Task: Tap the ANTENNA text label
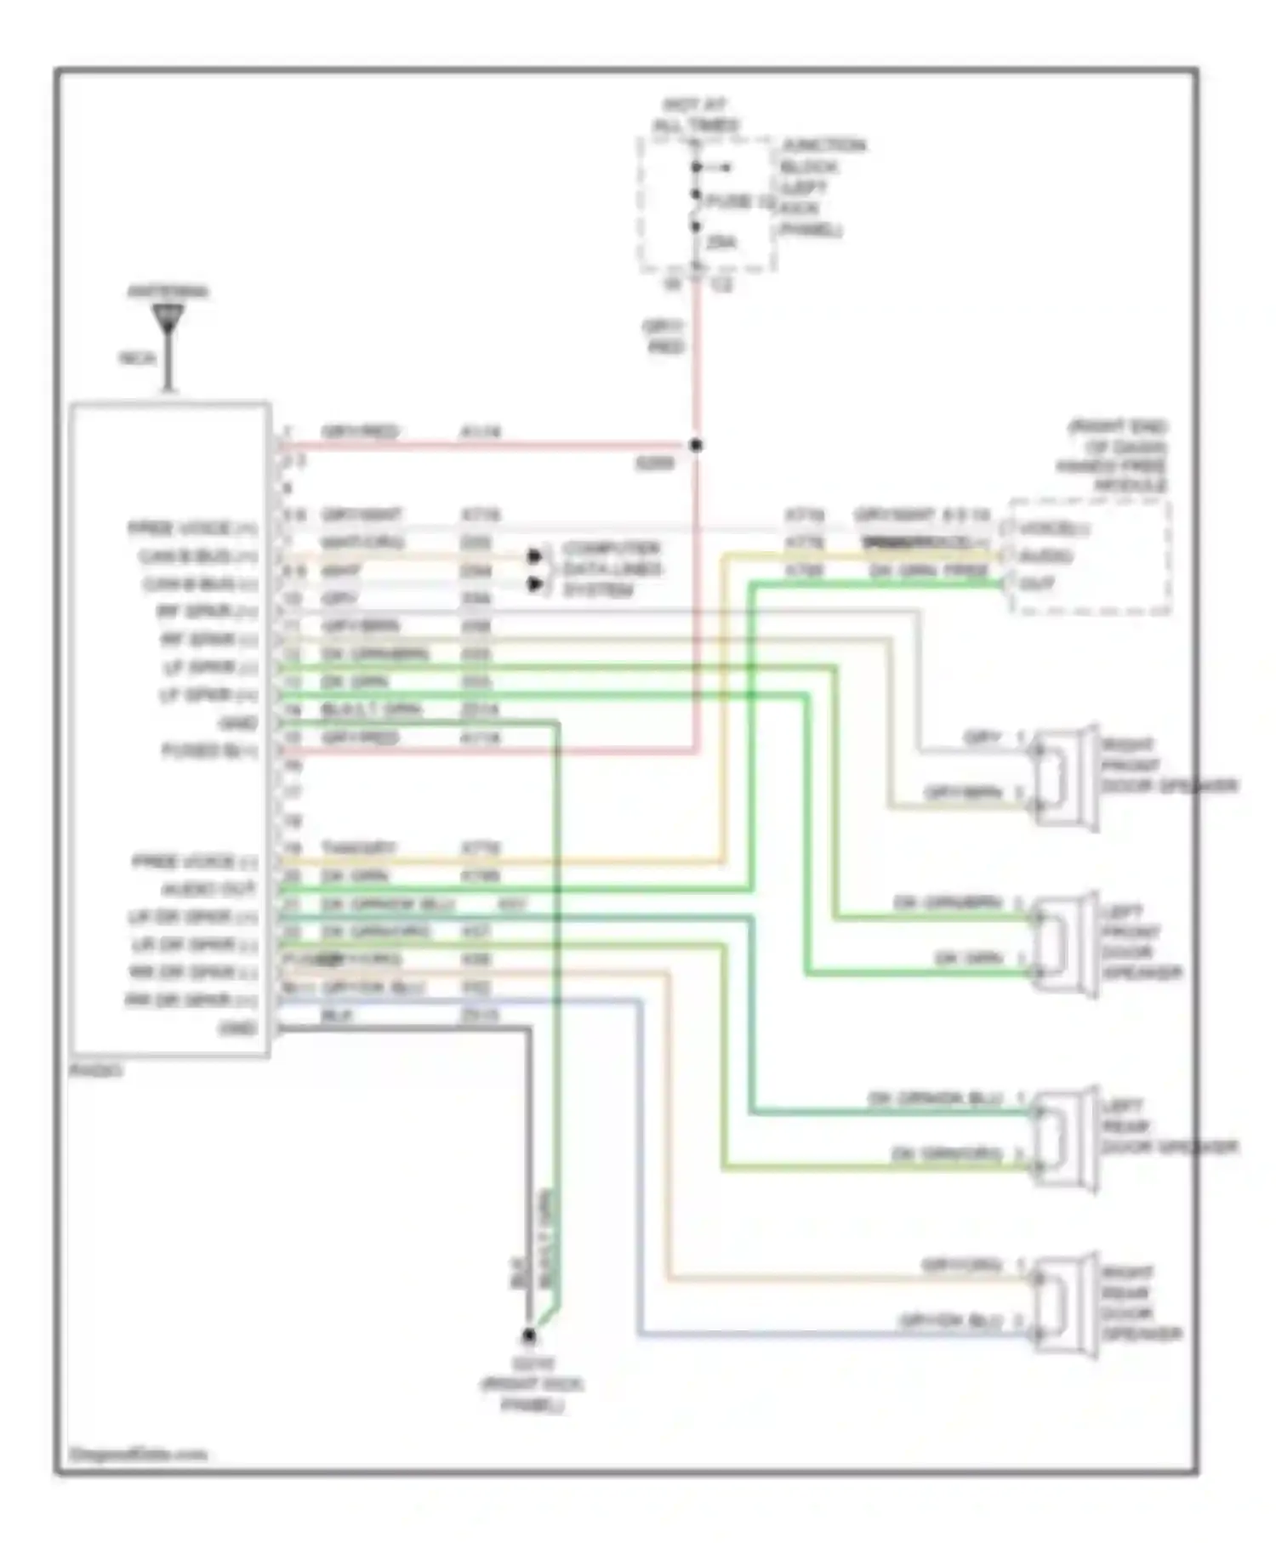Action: [x=168, y=292]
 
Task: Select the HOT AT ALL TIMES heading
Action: [x=696, y=115]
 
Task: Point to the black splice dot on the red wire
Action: [x=696, y=445]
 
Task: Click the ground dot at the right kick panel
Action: [x=528, y=1335]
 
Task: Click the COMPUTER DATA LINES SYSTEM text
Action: [x=611, y=569]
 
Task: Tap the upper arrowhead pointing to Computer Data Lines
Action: [x=535, y=556]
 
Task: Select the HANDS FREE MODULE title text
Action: [x=1114, y=455]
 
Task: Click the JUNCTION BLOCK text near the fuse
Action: [x=822, y=156]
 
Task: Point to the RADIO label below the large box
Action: [x=95, y=1070]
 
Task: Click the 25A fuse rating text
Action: [x=721, y=242]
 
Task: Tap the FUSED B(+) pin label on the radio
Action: [x=209, y=751]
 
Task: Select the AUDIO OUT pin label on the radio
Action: [x=209, y=890]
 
